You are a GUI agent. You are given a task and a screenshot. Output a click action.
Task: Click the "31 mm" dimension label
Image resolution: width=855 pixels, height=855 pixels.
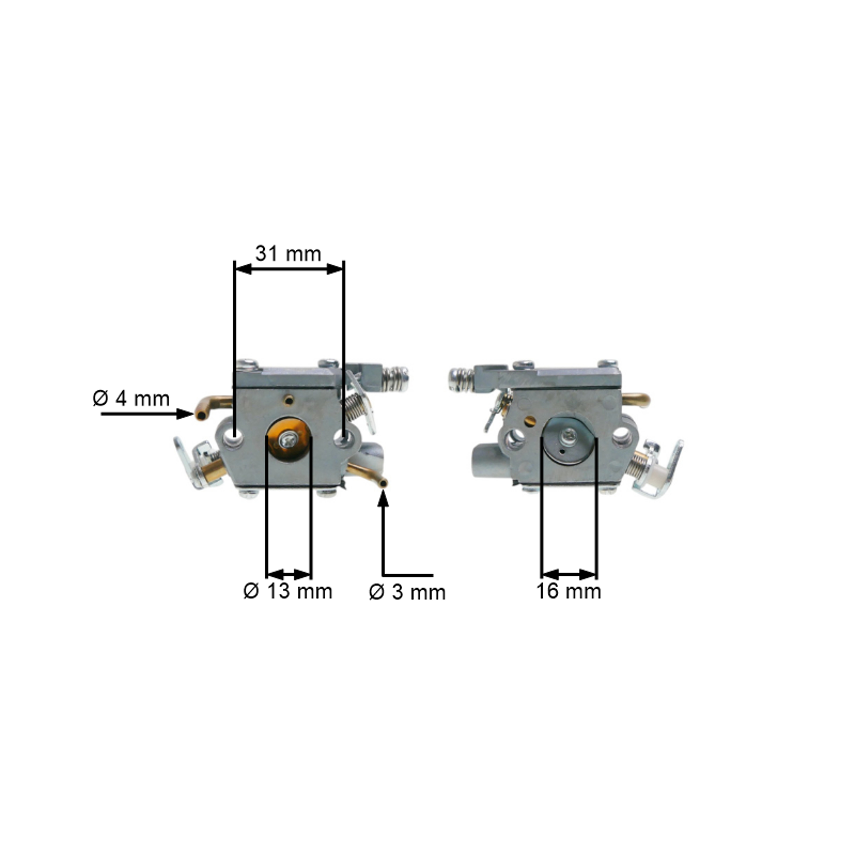click(288, 254)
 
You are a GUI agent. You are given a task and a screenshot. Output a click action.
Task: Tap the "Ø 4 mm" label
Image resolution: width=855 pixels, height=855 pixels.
click(131, 398)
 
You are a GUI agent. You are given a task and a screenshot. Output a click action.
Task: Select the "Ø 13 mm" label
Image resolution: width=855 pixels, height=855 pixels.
click(288, 591)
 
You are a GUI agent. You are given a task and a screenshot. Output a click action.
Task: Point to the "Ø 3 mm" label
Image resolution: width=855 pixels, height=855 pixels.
click(407, 593)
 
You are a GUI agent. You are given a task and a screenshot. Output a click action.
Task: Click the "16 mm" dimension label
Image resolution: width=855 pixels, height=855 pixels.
click(569, 591)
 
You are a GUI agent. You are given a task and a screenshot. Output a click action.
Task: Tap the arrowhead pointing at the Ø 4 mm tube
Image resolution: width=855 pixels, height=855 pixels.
click(185, 414)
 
